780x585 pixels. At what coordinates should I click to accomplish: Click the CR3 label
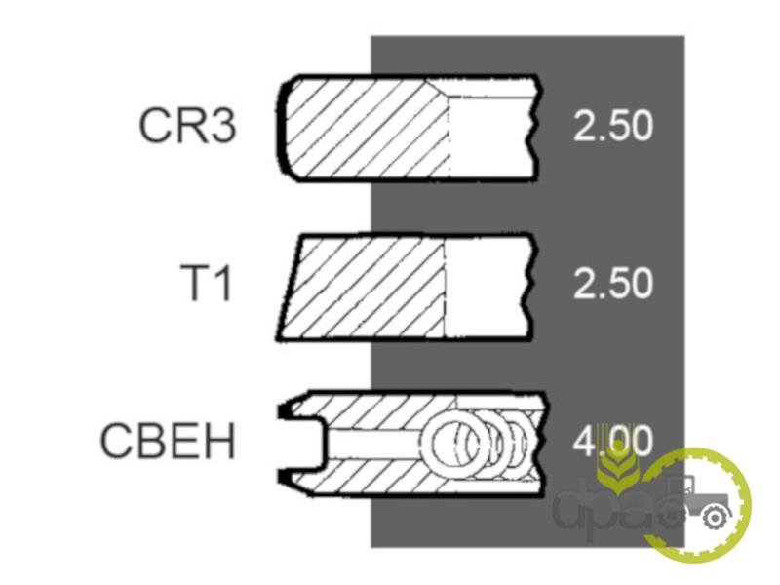point(187,127)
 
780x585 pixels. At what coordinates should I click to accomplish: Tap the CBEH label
point(168,442)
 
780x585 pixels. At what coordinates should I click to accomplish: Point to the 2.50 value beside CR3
point(612,127)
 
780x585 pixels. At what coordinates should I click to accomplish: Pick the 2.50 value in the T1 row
point(612,285)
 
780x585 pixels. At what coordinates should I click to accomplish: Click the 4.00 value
point(612,443)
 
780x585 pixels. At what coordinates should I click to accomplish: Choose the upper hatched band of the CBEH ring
point(409,408)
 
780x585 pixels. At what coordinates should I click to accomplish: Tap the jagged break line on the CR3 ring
point(532,127)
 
